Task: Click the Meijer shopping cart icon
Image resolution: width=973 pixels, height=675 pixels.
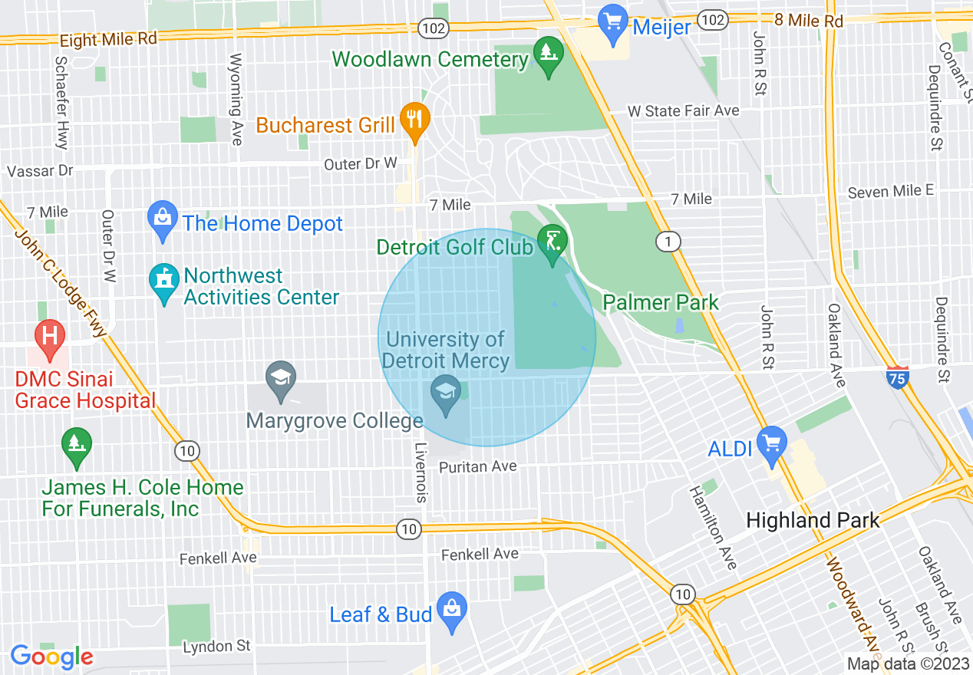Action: tap(613, 19)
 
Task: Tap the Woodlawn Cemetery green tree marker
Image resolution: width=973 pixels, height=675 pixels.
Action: tap(548, 54)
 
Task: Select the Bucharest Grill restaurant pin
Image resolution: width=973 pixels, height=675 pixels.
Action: tap(415, 120)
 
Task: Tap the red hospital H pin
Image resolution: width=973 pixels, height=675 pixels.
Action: tap(50, 337)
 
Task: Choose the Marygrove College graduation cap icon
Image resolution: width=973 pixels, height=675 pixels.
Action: tap(281, 378)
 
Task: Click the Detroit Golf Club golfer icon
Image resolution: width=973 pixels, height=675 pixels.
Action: tap(552, 242)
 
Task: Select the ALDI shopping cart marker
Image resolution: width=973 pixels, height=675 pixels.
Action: tap(771, 443)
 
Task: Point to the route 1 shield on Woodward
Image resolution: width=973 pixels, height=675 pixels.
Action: tap(668, 242)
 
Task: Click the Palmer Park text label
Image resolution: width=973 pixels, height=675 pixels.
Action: tap(661, 302)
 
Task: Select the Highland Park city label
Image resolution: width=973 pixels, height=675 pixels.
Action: tap(813, 521)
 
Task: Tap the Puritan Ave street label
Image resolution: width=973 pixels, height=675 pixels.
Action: tap(478, 466)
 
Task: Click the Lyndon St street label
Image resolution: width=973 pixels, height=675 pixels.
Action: tap(216, 647)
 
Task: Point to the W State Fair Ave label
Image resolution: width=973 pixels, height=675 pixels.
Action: tap(683, 111)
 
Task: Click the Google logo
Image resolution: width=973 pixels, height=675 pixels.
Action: tap(51, 657)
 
